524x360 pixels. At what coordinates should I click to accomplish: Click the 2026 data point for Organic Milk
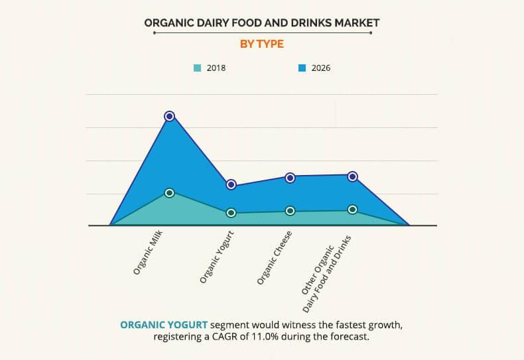click(x=169, y=116)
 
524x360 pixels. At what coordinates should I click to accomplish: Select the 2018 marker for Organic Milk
click(x=169, y=193)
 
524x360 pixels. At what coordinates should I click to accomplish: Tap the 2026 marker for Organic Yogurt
click(x=231, y=184)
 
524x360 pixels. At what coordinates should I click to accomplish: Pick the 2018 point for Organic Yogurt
click(x=231, y=213)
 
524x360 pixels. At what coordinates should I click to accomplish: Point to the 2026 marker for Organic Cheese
click(x=290, y=178)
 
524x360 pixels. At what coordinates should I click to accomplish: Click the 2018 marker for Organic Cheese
click(x=290, y=211)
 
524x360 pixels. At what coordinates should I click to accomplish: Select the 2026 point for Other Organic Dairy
click(x=353, y=176)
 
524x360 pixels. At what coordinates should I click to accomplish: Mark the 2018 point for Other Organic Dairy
click(x=353, y=210)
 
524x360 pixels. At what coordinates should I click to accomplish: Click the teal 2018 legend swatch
click(x=197, y=68)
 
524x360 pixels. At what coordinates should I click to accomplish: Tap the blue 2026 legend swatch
click(x=302, y=68)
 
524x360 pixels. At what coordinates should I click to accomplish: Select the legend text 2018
click(x=216, y=68)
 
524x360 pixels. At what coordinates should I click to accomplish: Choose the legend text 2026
click(x=321, y=68)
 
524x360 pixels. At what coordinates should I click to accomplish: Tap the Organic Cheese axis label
click(x=275, y=257)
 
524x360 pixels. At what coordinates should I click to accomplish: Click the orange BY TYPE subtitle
click(x=261, y=44)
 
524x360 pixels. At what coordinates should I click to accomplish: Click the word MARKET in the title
click(x=355, y=23)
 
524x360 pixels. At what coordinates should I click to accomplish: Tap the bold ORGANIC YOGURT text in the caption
click(x=163, y=325)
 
